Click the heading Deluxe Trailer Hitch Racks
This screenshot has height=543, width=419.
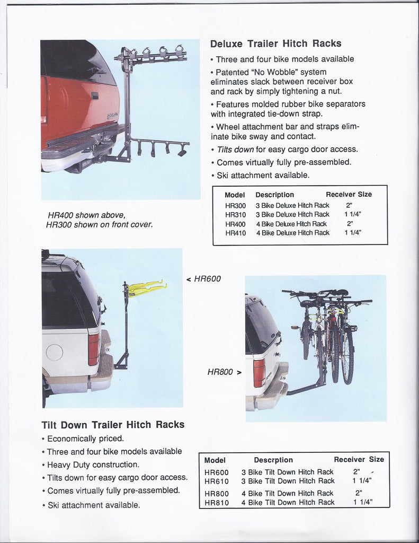275,44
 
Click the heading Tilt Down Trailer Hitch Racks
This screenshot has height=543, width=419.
113,425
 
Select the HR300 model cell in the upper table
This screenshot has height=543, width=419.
235,206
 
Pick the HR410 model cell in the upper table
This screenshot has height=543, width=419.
235,233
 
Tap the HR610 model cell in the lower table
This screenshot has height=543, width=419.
216,481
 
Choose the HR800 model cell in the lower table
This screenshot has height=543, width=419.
216,493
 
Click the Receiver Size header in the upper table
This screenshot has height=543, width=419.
349,195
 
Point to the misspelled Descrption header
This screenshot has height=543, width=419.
273,460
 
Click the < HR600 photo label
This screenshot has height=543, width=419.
203,279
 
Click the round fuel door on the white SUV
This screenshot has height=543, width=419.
54,352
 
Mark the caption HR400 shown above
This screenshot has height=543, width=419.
86,215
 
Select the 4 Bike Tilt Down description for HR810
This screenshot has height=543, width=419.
288,502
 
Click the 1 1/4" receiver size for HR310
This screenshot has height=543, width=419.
352,215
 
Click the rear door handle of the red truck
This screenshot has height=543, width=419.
94,96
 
